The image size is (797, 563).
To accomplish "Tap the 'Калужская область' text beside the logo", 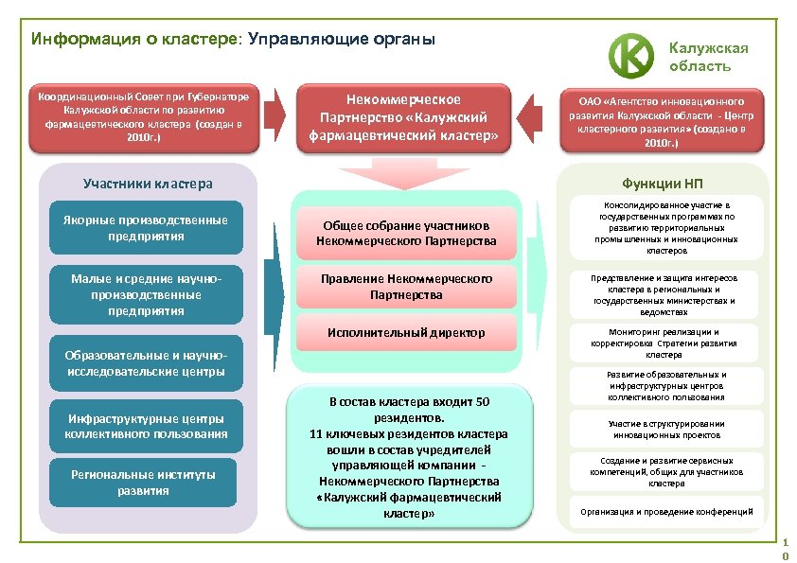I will [709, 57].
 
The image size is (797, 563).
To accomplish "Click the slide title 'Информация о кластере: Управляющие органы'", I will [233, 40].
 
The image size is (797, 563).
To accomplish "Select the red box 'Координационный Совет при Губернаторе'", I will [143, 117].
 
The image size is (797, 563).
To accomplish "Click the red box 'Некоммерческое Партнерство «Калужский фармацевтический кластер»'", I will [404, 117].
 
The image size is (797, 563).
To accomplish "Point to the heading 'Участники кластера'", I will [148, 183].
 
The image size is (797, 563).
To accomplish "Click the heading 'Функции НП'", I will [675, 183].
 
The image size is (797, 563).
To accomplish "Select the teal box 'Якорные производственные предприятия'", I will [146, 227].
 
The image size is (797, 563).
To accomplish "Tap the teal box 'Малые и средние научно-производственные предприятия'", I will [146, 294].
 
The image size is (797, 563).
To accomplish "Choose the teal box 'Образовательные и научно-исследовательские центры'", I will [146, 362].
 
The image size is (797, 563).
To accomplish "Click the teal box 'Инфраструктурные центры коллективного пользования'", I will [146, 426].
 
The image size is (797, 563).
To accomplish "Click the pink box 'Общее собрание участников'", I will [407, 234].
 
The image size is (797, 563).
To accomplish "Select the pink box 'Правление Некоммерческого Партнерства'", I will [407, 287].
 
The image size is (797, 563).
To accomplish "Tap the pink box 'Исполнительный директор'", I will [407, 333].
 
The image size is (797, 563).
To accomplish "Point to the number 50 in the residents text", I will [481, 402].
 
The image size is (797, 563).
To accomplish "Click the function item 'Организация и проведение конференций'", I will [673, 512].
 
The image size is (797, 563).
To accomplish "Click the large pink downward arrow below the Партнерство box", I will [405, 173].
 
